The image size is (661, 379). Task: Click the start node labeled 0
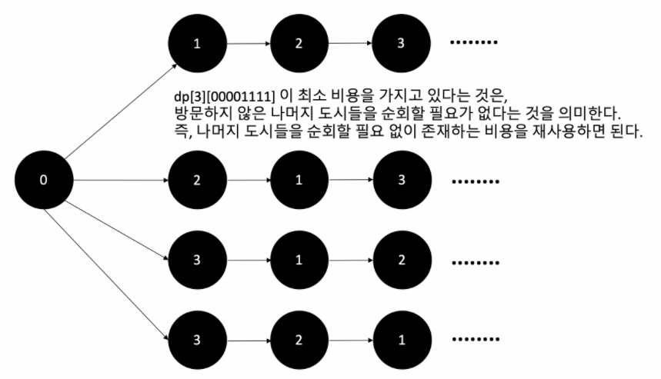click(x=43, y=181)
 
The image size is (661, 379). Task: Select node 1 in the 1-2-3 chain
click(x=198, y=43)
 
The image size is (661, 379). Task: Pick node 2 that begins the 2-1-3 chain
click(x=198, y=181)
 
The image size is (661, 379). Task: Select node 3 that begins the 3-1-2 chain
click(x=198, y=259)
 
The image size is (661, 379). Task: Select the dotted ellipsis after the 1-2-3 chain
click(x=476, y=42)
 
